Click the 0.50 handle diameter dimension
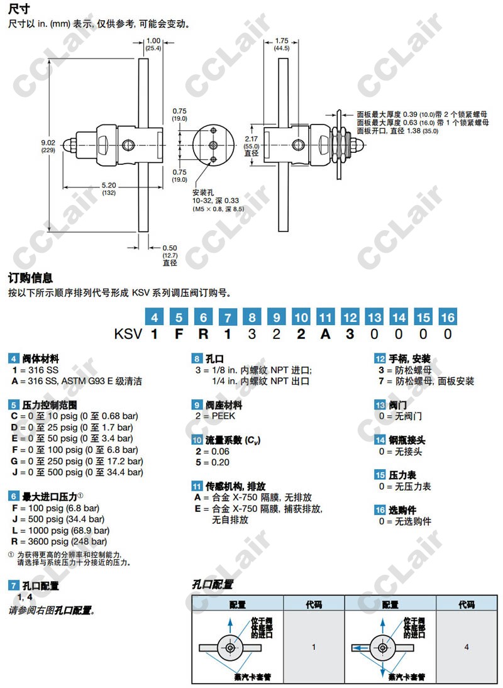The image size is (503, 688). tap(170, 248)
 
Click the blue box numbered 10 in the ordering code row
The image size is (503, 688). tap(301, 318)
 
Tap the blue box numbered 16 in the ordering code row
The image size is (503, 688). tap(447, 318)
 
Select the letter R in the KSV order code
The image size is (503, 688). tap(204, 334)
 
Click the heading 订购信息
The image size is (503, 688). tap(30, 277)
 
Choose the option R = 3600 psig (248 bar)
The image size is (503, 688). tap(59, 541)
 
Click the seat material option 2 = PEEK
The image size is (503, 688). tap(216, 416)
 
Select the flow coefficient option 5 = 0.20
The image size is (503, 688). tap(212, 462)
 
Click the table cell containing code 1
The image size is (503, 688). tap(314, 646)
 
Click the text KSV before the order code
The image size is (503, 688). tap(128, 334)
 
